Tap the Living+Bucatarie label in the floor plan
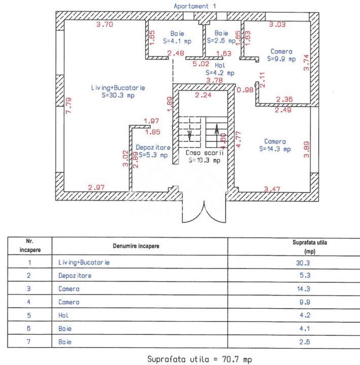pyautogui.click(x=118, y=91)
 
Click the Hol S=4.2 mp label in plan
pyautogui.click(x=220, y=69)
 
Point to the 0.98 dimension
pyautogui.click(x=245, y=90)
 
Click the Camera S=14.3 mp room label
pyautogui.click(x=275, y=145)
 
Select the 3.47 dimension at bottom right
pyautogui.click(x=272, y=189)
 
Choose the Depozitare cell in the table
pyautogui.click(x=75, y=276)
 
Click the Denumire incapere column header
pyautogui.click(x=135, y=245)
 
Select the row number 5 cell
pyautogui.click(x=29, y=315)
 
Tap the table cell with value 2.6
pyautogui.click(x=303, y=342)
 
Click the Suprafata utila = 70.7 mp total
pyautogui.click(x=199, y=359)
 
